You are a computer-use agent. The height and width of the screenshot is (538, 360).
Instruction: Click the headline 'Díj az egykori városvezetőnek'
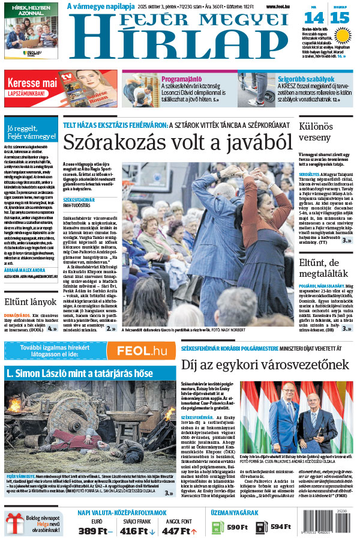coord(265,364)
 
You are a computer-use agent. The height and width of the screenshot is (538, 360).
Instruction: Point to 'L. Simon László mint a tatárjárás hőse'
coord(79,373)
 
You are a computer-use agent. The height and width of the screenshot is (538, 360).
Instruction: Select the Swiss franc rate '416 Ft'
coord(136,530)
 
